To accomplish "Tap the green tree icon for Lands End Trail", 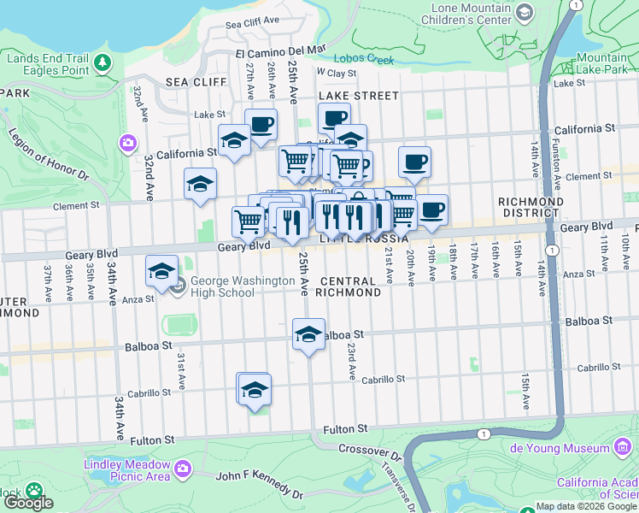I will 103,62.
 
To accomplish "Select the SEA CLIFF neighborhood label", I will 196,82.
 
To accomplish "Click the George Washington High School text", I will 222,286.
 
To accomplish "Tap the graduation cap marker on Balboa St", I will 309,334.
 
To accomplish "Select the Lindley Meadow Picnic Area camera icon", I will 182,468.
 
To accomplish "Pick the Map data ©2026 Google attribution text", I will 586,506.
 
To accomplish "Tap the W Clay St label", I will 336,74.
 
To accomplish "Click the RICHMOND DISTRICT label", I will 531,208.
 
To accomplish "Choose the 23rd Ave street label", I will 351,361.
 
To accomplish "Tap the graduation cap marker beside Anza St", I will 161,272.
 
